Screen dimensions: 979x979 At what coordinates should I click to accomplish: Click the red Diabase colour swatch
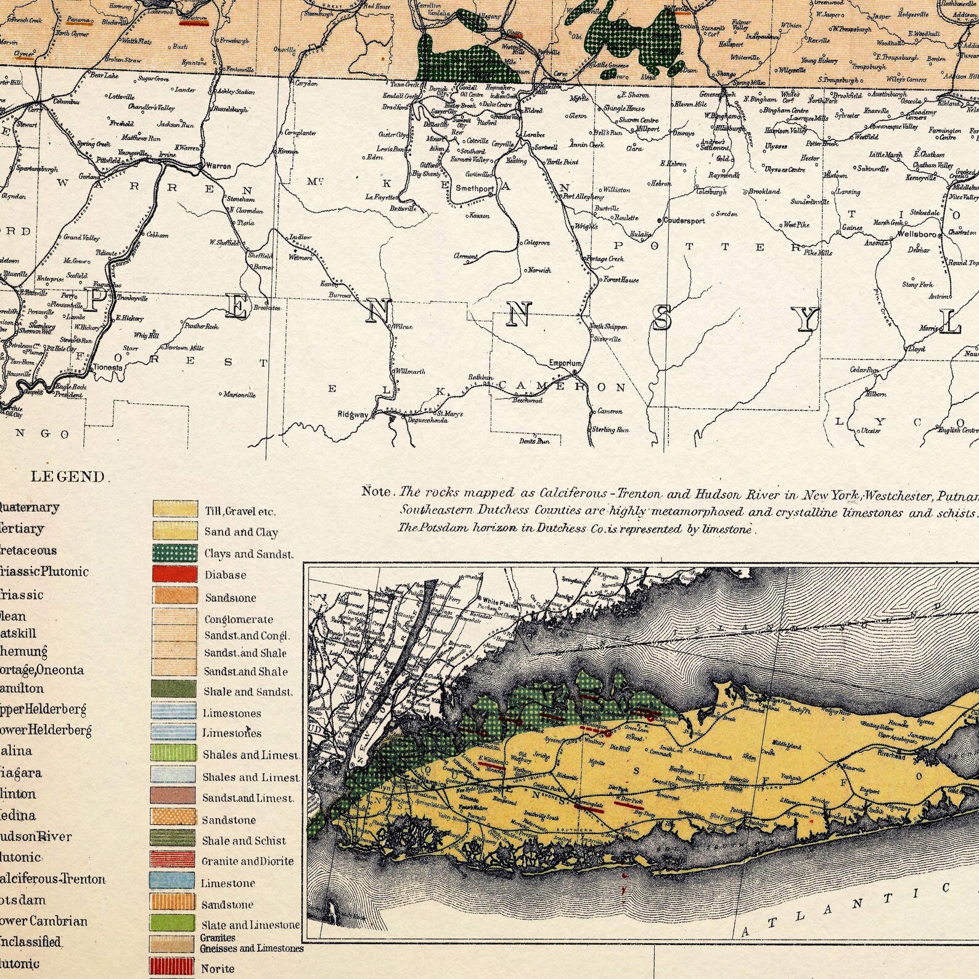point(175,574)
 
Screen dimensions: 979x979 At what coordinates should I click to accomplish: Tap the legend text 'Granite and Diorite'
point(247,861)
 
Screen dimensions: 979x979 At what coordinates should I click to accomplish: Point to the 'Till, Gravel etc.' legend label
point(240,511)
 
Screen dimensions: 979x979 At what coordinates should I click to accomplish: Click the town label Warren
point(218,166)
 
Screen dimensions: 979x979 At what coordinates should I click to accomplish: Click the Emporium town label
point(565,363)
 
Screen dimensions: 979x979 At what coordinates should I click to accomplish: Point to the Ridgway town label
point(353,415)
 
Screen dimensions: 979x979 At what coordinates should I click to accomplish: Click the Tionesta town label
point(108,367)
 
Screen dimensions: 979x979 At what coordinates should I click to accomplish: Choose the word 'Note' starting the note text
point(376,492)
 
